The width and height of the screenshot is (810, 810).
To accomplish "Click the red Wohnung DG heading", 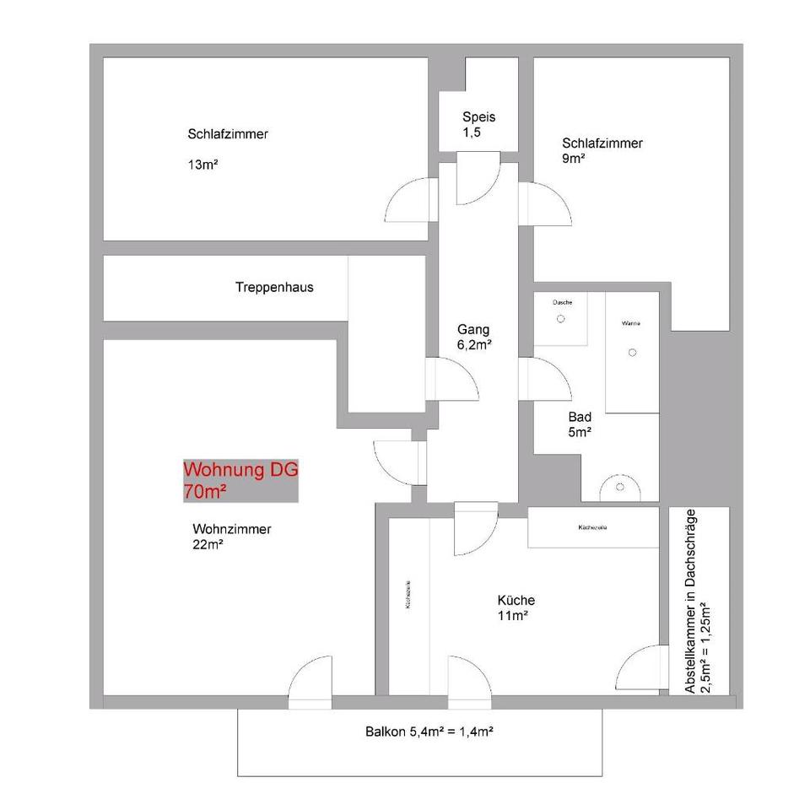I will coord(240,471).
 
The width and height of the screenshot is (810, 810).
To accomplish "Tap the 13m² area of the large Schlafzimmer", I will coord(203,165).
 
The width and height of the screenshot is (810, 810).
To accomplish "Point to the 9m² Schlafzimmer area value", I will coord(574,158).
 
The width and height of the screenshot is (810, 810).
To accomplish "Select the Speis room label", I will coord(478,117).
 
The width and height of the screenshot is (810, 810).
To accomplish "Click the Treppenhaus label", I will coord(274,287).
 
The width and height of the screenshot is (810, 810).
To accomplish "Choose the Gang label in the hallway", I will coord(473,329).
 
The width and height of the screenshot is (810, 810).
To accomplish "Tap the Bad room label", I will coord(580,417).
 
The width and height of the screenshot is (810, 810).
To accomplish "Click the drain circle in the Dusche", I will coord(560,319).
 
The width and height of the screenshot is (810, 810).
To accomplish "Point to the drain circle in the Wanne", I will coord(632,353).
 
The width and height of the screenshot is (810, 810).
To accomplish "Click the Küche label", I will coord(516,601).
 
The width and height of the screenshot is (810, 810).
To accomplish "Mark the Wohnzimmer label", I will coord(231,530).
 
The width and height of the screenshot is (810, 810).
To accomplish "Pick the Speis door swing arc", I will coord(478,181).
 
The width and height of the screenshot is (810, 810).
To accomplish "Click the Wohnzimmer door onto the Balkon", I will coord(310,679).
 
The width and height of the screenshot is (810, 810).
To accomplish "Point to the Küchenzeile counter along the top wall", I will coord(593,527).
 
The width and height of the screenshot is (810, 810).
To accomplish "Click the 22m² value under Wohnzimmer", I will coord(208,545).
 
